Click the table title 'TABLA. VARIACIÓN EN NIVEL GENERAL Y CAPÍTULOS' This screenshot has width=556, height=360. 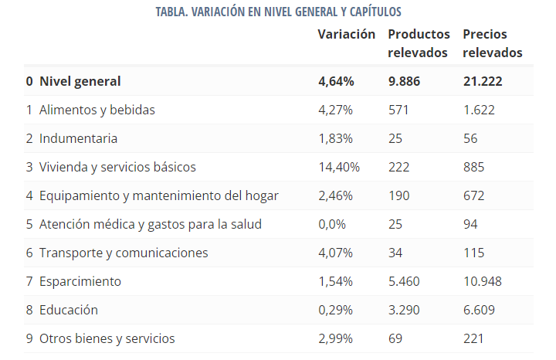tap(277, 12)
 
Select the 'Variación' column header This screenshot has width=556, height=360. tap(347, 35)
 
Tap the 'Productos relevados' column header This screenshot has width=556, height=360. tap(419, 43)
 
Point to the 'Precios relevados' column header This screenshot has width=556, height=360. tap(493, 43)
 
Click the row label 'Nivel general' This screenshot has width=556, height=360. tap(80, 81)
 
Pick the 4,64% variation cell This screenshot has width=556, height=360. tap(336, 81)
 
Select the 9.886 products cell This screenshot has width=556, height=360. tap(404, 81)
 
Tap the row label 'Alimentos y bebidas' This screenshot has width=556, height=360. tap(97, 110)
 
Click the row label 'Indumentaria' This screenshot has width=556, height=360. tap(78, 138)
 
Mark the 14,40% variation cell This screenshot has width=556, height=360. tap(339, 167)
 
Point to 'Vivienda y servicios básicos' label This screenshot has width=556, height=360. tap(117, 167)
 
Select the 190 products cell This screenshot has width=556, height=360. tap(398, 195)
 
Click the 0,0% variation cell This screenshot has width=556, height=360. tap(332, 224)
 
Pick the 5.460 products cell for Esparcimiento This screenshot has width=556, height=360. tap(405, 281)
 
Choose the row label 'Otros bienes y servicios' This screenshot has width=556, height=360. tap(107, 338)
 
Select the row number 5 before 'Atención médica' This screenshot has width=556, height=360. tap(29, 224)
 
